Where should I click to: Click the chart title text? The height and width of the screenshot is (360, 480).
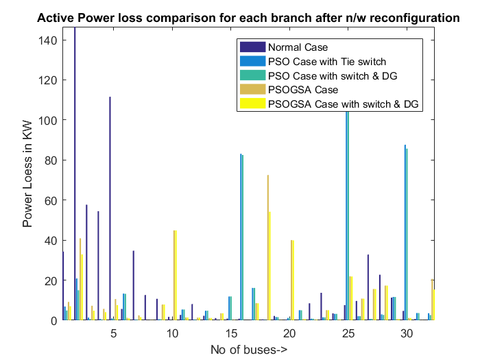tap(248, 19)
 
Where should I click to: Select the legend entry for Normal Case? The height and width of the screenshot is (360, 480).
tap(298, 47)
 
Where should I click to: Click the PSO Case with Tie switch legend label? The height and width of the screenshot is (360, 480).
tap(327, 62)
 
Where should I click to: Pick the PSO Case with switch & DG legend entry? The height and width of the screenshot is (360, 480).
tap(333, 75)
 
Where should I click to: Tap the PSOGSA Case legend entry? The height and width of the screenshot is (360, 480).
tap(303, 90)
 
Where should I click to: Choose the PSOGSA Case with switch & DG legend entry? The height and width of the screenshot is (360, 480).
tap(343, 104)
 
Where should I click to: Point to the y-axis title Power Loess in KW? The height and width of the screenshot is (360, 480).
tap(28, 173)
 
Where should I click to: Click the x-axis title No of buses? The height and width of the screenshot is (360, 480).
tap(248, 350)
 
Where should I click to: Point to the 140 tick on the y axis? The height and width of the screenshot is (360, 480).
tap(48, 40)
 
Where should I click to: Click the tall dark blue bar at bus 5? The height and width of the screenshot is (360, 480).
tap(110, 206)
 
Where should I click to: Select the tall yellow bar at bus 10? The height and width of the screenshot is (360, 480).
tap(176, 274)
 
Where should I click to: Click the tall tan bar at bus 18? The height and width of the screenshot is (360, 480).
tap(267, 247)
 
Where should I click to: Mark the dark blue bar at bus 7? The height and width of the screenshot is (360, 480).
tap(133, 285)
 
